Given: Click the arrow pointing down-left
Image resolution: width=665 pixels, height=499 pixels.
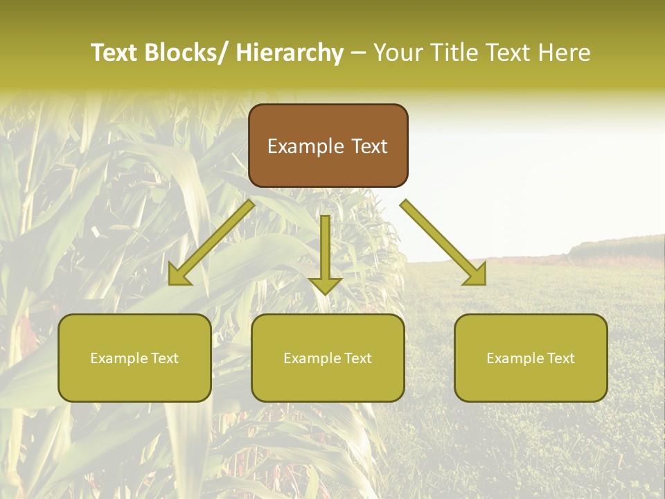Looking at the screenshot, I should pos(212,243).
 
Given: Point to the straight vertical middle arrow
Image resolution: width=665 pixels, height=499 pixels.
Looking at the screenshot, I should pos(325,249).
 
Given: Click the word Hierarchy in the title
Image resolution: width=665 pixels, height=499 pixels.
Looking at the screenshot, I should pos(290,53).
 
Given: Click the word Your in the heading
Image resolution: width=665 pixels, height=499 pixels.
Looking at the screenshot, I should pos(396,53).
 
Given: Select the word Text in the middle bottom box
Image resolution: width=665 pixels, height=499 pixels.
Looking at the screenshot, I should pos(355,358).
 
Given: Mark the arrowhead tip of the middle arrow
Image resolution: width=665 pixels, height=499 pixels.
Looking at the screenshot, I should pos(325,295).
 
